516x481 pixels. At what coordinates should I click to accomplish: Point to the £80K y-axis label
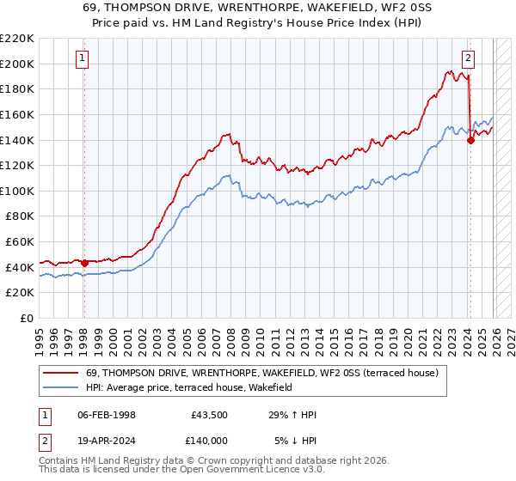point(20,216)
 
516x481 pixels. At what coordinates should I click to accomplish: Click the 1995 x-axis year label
point(40,334)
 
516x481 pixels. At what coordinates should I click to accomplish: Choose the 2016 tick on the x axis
point(360,334)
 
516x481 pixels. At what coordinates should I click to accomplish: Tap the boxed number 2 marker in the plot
point(468,58)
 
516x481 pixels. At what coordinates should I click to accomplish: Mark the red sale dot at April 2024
point(470,141)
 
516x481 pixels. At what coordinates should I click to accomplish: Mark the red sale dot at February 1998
point(84,263)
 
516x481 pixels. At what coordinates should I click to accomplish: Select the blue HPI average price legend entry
point(189,387)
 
